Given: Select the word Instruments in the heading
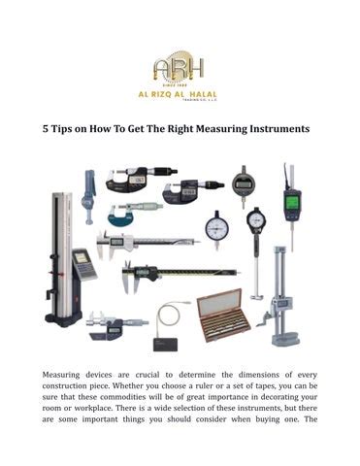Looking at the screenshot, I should pos(275,128).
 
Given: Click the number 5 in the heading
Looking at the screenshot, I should pos(45,128).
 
